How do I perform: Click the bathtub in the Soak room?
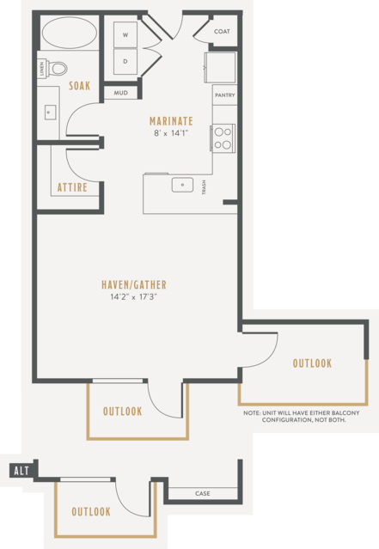(70, 33)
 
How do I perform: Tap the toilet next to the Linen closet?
(57, 68)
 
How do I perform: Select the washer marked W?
(125, 34)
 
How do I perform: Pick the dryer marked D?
(125, 61)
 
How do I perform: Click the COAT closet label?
(222, 31)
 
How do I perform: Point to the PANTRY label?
(225, 95)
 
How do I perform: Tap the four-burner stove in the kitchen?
(223, 138)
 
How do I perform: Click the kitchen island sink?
(182, 185)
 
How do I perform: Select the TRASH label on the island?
(204, 187)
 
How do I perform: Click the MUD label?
(121, 93)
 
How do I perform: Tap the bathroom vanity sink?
(50, 113)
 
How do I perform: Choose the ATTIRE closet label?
(72, 187)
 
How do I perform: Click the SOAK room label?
(80, 86)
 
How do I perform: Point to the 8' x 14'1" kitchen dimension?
(171, 133)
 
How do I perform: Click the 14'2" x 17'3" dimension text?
(133, 297)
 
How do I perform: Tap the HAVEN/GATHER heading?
(134, 284)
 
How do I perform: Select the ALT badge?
(21, 471)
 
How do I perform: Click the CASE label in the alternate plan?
(203, 493)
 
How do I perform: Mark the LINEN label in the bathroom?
(42, 69)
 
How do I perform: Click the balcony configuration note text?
(302, 417)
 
